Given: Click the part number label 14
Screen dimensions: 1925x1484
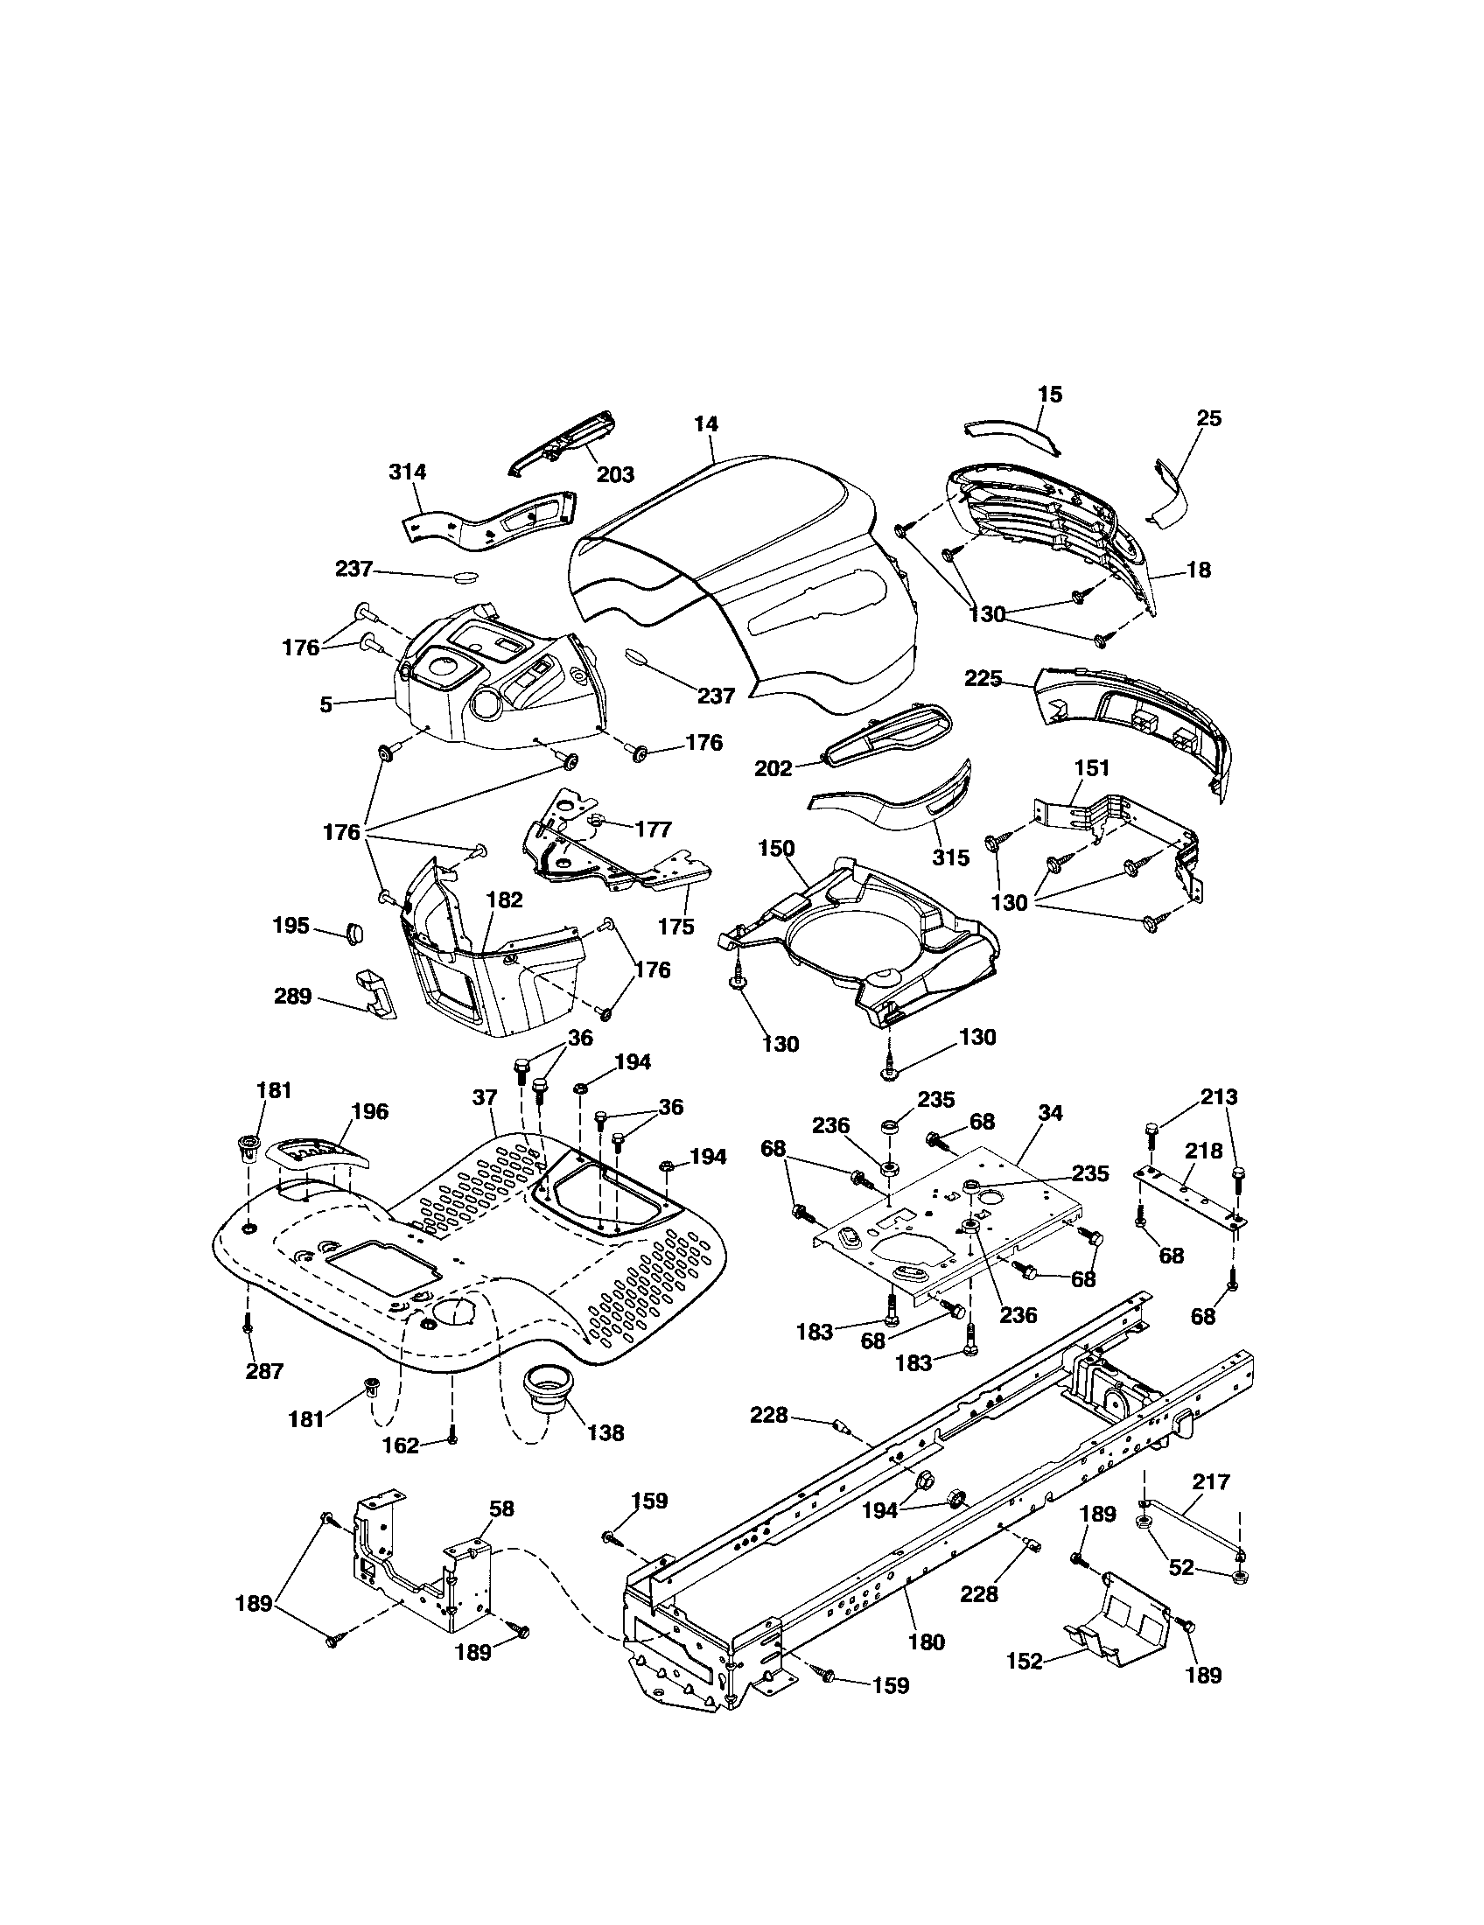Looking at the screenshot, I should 705,424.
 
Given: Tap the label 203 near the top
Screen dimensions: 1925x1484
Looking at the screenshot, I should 615,475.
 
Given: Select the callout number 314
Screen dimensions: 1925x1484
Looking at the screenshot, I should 407,472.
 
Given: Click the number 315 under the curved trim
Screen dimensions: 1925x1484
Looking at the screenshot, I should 950,857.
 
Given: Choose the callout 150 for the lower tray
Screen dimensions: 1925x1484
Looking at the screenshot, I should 775,849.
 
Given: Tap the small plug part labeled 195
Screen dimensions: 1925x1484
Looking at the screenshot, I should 354,933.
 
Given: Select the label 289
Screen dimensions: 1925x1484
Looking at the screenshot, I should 292,996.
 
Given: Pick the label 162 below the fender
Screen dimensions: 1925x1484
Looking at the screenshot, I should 401,1445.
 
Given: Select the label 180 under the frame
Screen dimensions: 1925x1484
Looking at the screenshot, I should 925,1641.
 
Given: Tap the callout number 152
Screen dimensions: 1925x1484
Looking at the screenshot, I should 1025,1662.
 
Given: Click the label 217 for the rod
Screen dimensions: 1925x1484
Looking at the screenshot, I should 1211,1482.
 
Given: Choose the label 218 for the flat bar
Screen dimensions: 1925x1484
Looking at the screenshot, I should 1204,1151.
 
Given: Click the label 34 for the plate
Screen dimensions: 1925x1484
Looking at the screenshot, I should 1049,1113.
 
